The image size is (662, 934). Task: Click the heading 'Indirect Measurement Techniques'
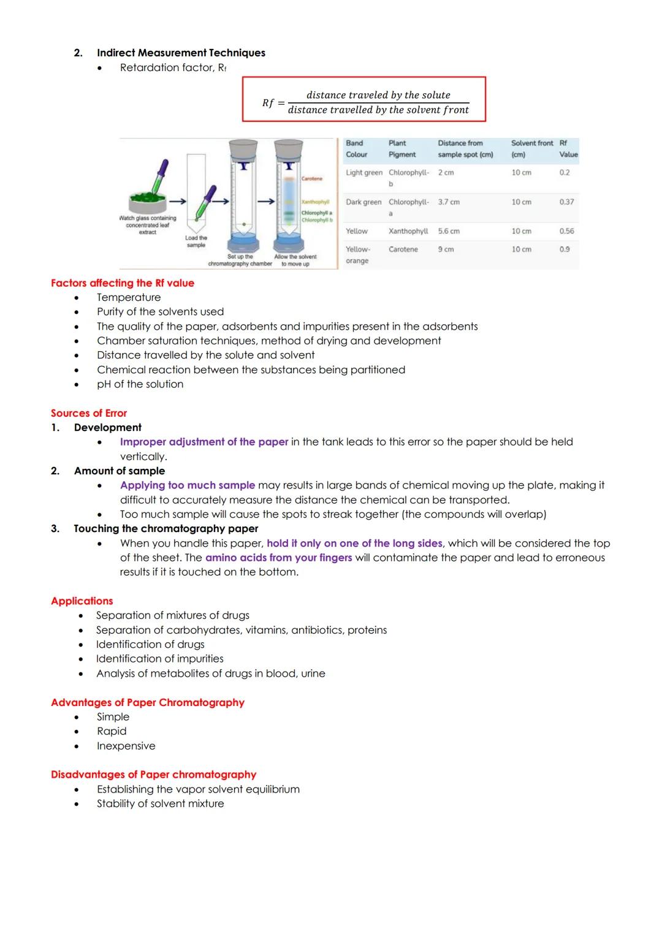pyautogui.click(x=181, y=53)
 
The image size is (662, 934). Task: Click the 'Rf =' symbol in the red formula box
pyautogui.click(x=273, y=103)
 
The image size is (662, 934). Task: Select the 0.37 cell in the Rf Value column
pyautogui.click(x=566, y=202)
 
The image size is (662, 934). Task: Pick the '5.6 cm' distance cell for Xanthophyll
pyautogui.click(x=449, y=231)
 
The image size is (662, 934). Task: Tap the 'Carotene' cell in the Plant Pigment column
pyautogui.click(x=403, y=249)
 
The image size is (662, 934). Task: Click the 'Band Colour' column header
pyautogui.click(x=356, y=149)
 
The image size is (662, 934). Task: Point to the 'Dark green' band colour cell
pyautogui.click(x=363, y=202)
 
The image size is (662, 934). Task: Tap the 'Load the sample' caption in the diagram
pyautogui.click(x=196, y=241)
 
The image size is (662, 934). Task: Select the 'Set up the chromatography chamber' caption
pyautogui.click(x=240, y=260)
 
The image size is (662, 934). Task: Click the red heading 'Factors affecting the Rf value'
pyautogui.click(x=123, y=283)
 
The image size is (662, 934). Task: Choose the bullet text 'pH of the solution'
pyautogui.click(x=140, y=384)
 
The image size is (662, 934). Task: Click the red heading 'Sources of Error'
pyautogui.click(x=89, y=413)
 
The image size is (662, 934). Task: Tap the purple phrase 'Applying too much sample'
pyautogui.click(x=188, y=485)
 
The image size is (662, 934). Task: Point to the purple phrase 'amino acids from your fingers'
pyautogui.click(x=278, y=558)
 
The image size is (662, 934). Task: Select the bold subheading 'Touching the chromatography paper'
pyautogui.click(x=165, y=529)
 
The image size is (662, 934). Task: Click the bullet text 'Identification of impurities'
pyautogui.click(x=159, y=659)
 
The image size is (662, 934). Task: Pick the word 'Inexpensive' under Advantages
pyautogui.click(x=126, y=746)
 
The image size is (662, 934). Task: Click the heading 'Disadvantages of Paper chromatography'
pyautogui.click(x=153, y=775)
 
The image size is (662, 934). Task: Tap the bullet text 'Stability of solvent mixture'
pyautogui.click(x=160, y=803)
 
